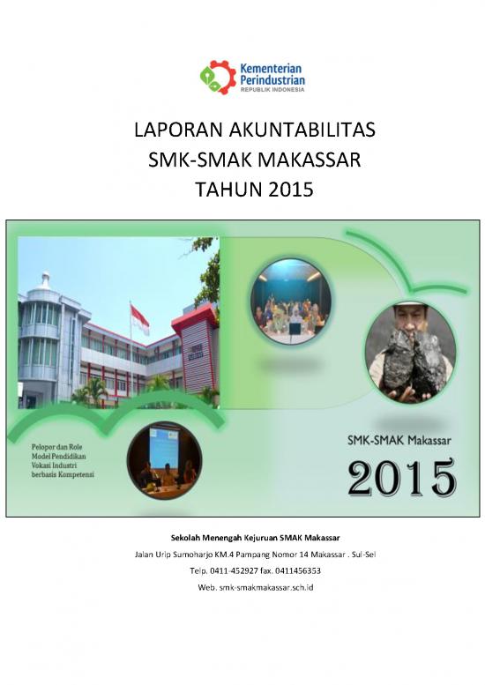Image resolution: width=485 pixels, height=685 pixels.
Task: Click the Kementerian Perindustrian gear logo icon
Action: pyautogui.click(x=217, y=77)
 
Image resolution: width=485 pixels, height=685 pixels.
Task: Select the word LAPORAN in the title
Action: pyautogui.click(x=170, y=133)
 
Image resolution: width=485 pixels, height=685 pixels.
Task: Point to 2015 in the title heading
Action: pyautogui.click(x=290, y=188)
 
